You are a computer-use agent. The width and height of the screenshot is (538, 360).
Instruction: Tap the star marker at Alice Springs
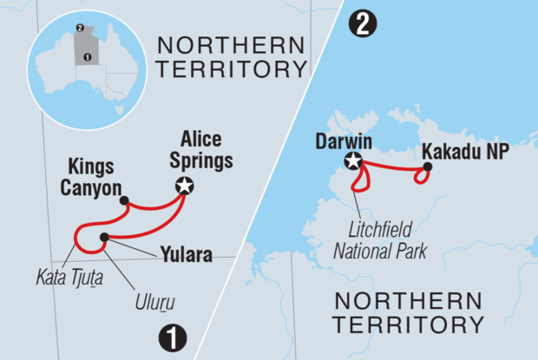point(184,185)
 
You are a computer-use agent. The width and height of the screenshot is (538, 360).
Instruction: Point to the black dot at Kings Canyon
point(124,200)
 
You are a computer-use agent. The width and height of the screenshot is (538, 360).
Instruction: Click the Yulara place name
point(186,255)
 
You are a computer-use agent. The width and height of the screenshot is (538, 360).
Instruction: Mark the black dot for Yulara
point(104,237)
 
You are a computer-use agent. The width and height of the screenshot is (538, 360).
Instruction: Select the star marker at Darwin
point(353,160)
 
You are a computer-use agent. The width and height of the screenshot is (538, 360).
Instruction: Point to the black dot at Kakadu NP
point(427,167)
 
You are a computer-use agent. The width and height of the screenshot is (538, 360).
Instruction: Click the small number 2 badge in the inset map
point(80,29)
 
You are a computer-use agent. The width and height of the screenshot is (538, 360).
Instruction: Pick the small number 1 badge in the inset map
point(84,57)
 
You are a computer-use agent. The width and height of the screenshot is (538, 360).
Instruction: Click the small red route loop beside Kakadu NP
point(421,176)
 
